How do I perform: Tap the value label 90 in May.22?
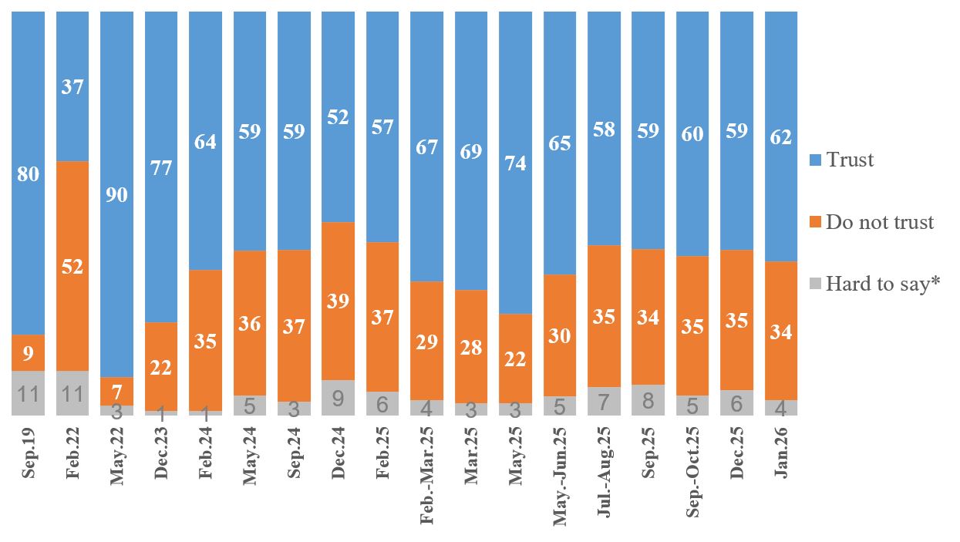point(117,194)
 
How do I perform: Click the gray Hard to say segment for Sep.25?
point(648,400)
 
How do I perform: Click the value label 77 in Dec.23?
point(161,167)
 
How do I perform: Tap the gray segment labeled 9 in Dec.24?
point(338,398)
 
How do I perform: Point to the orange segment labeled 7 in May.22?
point(117,391)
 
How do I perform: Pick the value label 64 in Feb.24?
point(205,142)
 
